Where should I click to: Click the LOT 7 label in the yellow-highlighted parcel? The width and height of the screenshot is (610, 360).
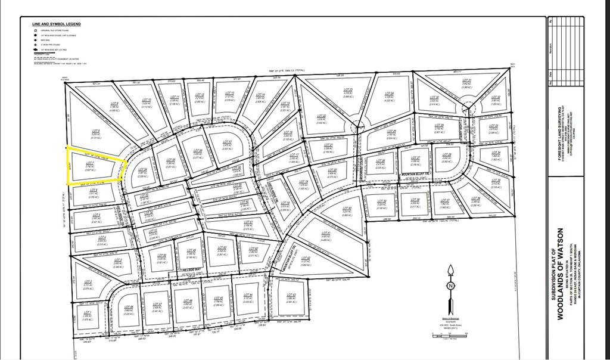[90, 162]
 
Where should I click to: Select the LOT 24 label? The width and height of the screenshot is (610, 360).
[390, 94]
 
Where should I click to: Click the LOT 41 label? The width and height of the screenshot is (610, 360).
[325, 233]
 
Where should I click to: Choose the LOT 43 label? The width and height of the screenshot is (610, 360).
[291, 295]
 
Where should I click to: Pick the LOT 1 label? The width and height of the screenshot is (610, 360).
[88, 312]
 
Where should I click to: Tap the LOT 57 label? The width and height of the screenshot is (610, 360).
[226, 142]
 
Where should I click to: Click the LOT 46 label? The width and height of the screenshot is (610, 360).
[188, 301]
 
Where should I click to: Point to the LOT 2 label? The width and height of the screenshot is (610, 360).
[88, 283]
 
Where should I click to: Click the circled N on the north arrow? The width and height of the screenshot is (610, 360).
[451, 285]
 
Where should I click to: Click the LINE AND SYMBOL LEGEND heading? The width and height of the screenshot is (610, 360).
[57, 24]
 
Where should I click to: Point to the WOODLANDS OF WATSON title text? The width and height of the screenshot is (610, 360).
[561, 274]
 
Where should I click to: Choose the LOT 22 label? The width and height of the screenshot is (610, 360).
[322, 116]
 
